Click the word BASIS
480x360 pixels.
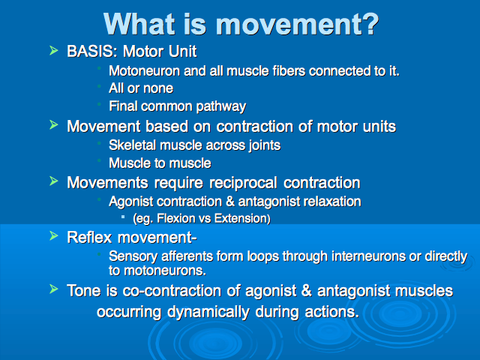point(91,51)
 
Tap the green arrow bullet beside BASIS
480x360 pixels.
point(53,50)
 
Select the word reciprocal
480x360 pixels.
point(243,183)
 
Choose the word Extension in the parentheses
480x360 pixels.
point(241,218)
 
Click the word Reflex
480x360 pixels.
point(89,238)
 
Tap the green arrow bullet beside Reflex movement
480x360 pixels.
point(53,236)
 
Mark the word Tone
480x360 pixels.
point(83,290)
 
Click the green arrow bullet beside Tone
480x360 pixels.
point(53,289)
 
